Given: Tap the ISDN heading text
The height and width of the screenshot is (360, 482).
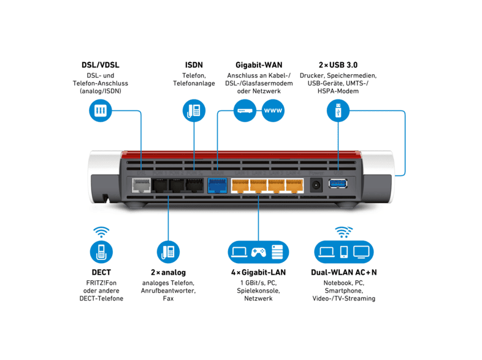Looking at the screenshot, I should pos(194,64).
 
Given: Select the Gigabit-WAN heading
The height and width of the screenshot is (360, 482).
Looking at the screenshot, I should pos(258,64).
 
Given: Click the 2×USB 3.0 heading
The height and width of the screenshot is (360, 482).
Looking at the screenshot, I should pos(338,64).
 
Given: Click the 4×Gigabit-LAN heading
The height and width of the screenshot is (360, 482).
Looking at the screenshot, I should pos(258,272).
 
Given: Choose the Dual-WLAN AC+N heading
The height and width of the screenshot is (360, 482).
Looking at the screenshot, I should pos(343,272).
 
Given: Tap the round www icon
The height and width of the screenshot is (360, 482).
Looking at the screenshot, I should pos(273,111).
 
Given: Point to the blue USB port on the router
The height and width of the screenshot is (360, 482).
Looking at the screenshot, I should pos(337,183).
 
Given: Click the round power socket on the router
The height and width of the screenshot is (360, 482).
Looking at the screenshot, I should pos(316,183).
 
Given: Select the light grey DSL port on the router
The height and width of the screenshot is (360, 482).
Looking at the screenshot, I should pos(141,184).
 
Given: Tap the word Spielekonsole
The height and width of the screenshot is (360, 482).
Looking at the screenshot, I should pos(258,291).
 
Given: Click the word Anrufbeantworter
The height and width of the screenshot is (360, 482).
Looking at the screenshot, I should pos(169,291).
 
